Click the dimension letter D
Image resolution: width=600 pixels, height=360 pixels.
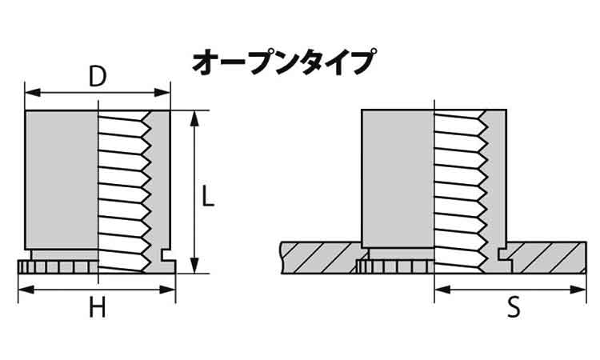[x=97, y=77]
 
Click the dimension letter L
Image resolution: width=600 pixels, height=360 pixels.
[x=208, y=196]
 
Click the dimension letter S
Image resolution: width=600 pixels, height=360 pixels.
[x=514, y=307]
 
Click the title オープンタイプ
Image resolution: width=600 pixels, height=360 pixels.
[x=284, y=62]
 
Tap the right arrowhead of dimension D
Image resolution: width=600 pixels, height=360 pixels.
[x=162, y=93]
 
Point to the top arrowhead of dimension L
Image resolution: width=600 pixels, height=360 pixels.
[x=194, y=118]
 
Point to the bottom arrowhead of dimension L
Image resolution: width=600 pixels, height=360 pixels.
[x=194, y=266]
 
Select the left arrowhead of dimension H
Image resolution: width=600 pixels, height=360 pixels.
[x=26, y=290]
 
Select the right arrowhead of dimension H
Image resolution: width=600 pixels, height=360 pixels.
[x=167, y=290]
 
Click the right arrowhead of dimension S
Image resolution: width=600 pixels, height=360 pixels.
[x=578, y=290]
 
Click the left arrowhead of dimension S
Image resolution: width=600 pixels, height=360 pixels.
[x=442, y=290]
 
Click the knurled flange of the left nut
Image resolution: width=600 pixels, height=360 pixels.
[x=58, y=266]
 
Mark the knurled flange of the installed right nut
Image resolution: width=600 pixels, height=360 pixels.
[x=396, y=266]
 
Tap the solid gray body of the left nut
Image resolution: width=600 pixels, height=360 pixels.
[x=62, y=180]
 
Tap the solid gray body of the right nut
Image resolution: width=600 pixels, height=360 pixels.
[x=398, y=178]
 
